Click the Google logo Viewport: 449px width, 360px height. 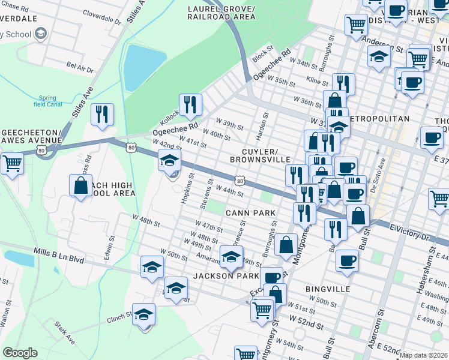pyautogui.click(x=20, y=353)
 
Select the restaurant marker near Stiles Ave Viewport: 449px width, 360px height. pyautogui.click(x=102, y=114)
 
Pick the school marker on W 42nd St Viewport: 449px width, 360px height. pyautogui.click(x=170, y=161)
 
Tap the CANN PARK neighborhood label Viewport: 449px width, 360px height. pyautogui.click(x=250, y=213)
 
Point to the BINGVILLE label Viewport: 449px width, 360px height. pyautogui.click(x=327, y=289)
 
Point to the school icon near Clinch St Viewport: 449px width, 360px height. pyautogui.click(x=143, y=315)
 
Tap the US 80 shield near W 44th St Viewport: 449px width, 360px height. pyautogui.click(x=240, y=180)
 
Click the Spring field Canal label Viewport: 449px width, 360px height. pyautogui.click(x=47, y=101)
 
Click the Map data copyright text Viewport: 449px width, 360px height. pyautogui.click(x=423, y=355)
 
